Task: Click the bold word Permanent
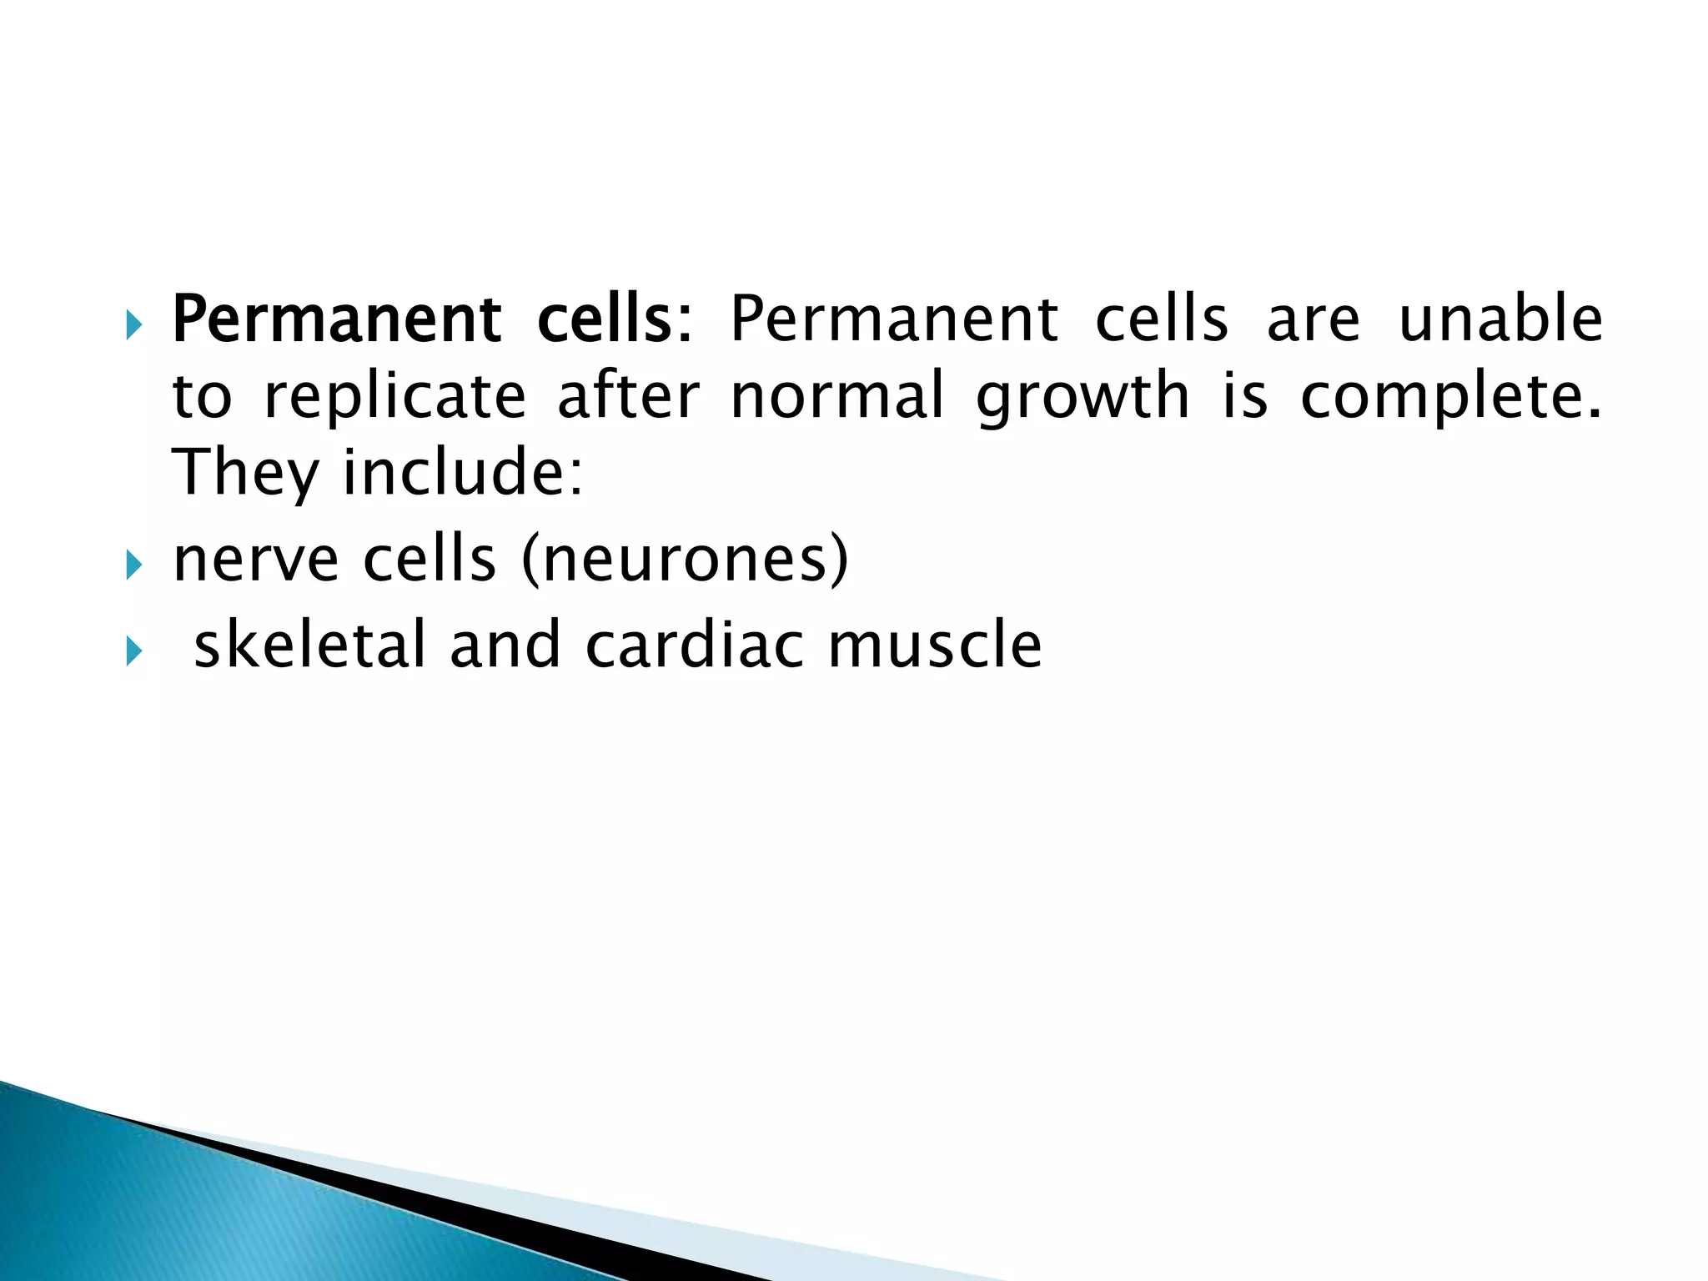(336, 320)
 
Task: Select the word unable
(1500, 320)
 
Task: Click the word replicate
(394, 397)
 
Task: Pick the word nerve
(255, 560)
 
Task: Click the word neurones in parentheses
(685, 560)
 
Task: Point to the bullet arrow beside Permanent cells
(133, 324)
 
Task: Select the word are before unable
(1313, 322)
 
